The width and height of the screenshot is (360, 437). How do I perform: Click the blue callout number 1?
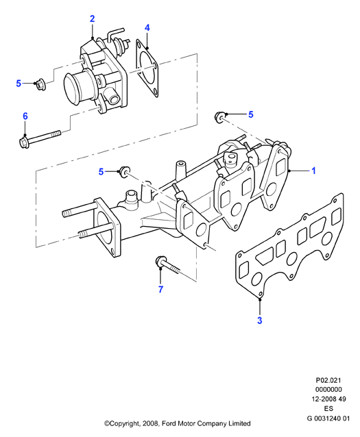[313, 171]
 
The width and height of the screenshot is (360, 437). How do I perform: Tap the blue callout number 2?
[92, 18]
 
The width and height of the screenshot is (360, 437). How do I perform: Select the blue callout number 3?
[259, 321]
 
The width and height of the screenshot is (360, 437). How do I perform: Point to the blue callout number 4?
[147, 27]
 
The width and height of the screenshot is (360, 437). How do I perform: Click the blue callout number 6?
[25, 116]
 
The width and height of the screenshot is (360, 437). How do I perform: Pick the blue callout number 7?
[160, 289]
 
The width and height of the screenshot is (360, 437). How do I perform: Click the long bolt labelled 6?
[39, 138]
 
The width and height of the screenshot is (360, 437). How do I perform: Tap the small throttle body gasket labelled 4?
[147, 68]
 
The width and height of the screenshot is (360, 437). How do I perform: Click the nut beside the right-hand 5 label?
[219, 116]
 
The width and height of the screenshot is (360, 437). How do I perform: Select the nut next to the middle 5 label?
[125, 171]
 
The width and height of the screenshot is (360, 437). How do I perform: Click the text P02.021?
[328, 380]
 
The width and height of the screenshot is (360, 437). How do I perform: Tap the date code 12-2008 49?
[328, 399]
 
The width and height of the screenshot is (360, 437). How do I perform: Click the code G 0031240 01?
[328, 418]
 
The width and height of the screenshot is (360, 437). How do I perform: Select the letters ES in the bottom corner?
[328, 408]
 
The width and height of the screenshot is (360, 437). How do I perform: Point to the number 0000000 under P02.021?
[328, 390]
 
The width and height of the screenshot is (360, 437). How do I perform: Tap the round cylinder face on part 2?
[72, 86]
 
